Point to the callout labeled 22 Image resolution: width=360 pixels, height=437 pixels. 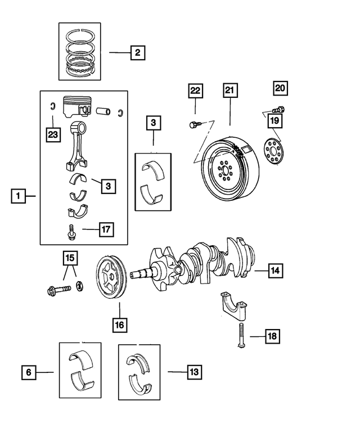[x=195, y=91]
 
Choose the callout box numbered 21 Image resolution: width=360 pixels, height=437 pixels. [x=230, y=91]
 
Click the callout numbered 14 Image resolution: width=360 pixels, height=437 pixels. [x=274, y=271]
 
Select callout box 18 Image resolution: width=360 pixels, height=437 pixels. [x=272, y=336]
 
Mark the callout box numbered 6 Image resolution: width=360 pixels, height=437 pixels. [x=29, y=372]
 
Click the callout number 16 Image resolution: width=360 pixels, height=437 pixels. [x=120, y=325]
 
